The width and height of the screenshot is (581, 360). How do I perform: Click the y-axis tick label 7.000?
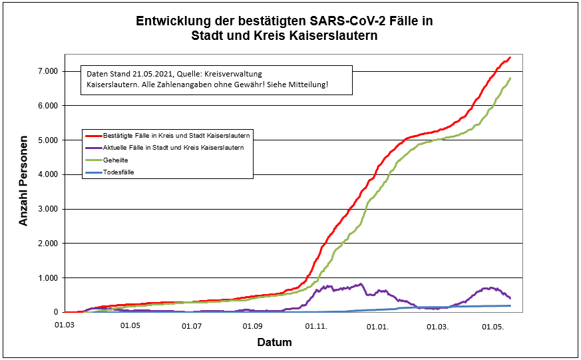(47, 71)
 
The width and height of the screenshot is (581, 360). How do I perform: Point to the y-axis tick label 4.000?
(47, 174)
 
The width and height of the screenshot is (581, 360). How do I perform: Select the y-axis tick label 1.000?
(47, 277)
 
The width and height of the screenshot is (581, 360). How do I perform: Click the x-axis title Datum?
(274, 342)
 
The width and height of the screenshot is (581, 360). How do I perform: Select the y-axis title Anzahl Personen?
(24, 180)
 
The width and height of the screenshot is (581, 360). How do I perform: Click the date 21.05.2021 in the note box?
(154, 73)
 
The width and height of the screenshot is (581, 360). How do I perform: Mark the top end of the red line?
(510, 58)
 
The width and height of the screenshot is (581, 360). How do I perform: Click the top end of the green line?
(510, 79)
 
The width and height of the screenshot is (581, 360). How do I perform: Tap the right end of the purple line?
(510, 298)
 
